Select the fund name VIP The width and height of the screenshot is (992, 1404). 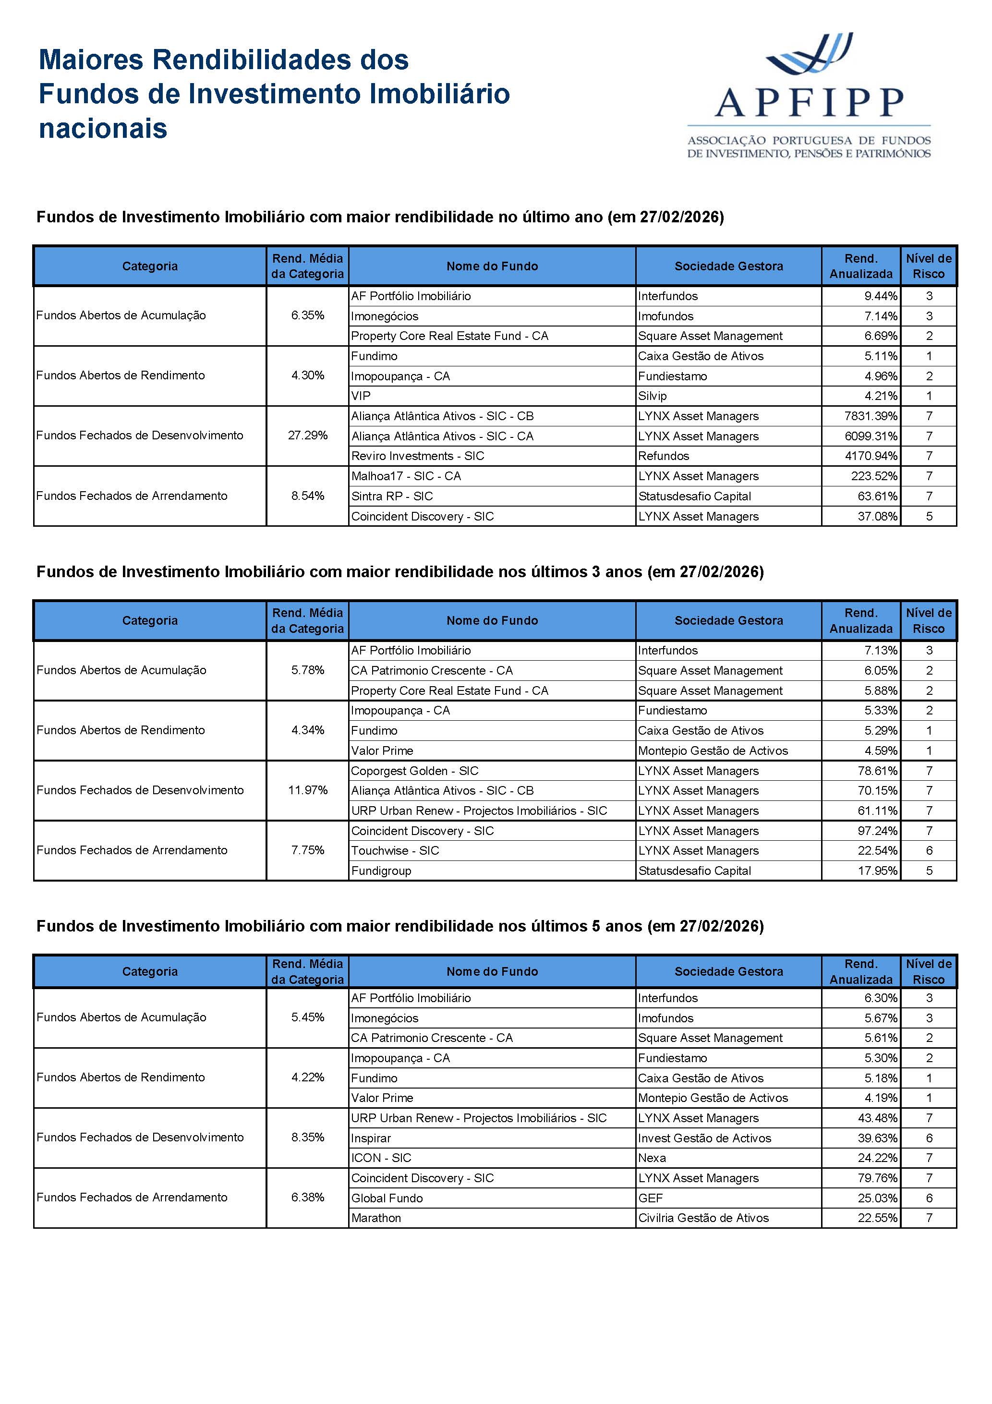pos(361,396)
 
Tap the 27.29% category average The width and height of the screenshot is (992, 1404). pos(308,436)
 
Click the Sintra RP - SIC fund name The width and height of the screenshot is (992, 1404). pos(391,496)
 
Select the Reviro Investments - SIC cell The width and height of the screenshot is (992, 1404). pos(417,456)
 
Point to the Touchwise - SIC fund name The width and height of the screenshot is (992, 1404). pos(395,850)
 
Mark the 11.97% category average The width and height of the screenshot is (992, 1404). pos(308,790)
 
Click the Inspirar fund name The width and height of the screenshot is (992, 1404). pos(371,1138)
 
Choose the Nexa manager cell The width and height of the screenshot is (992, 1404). pos(652,1158)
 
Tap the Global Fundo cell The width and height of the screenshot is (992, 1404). pos(387,1198)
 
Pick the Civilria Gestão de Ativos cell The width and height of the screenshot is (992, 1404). pos(703,1218)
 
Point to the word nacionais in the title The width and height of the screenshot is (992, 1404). pos(103,128)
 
